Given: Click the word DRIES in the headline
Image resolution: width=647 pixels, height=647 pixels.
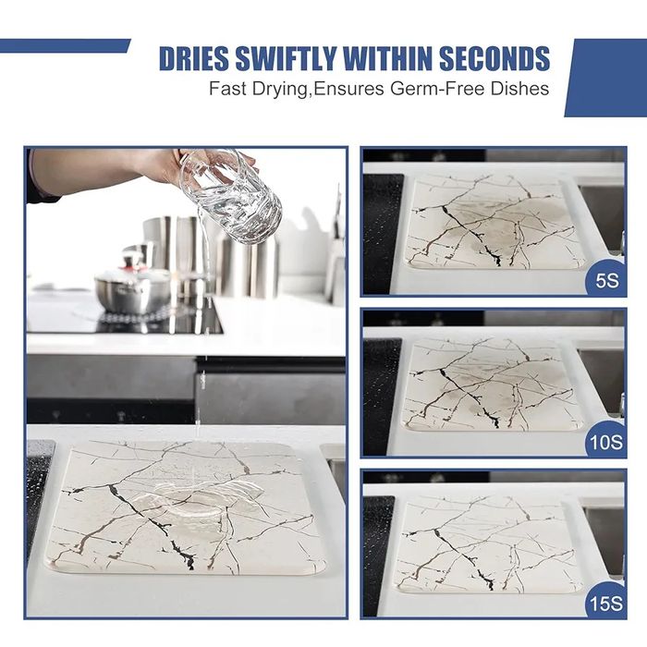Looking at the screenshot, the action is [x=193, y=58].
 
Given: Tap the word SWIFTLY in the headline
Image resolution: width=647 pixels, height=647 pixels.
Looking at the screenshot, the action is [x=286, y=58].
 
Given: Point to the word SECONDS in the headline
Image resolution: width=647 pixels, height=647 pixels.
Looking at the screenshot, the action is [x=494, y=58].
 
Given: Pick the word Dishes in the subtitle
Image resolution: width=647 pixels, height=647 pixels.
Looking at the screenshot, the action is [x=519, y=89].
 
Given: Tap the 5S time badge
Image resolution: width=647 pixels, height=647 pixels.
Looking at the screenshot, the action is [x=606, y=279].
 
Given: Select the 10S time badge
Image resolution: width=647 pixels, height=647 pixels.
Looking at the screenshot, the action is [x=605, y=441].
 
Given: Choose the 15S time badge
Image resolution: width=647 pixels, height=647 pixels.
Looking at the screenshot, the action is [x=605, y=603].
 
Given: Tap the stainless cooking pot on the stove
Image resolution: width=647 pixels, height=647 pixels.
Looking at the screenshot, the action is [x=133, y=288].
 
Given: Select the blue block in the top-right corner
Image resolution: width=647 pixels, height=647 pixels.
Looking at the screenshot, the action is [x=605, y=78].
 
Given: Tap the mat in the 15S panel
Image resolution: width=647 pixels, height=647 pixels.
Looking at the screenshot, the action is [x=490, y=544].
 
